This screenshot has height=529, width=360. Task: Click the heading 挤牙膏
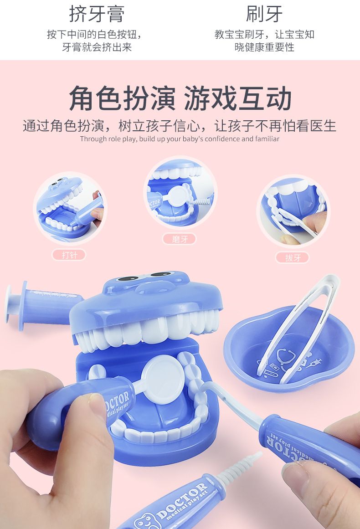pos(97,14)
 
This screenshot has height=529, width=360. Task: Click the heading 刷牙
pos(264,14)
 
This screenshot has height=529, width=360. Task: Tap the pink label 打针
pos(69,255)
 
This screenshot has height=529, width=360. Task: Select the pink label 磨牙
pos(180,239)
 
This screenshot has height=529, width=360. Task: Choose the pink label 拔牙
pos(293,258)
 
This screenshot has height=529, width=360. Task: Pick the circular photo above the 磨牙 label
pos(180,193)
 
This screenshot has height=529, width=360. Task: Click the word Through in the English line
pos(90,139)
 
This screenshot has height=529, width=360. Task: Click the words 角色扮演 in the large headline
pos(122,98)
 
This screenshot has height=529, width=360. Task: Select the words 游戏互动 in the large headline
pos(237,98)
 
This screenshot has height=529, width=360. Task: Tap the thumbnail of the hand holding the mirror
pos(180,193)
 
